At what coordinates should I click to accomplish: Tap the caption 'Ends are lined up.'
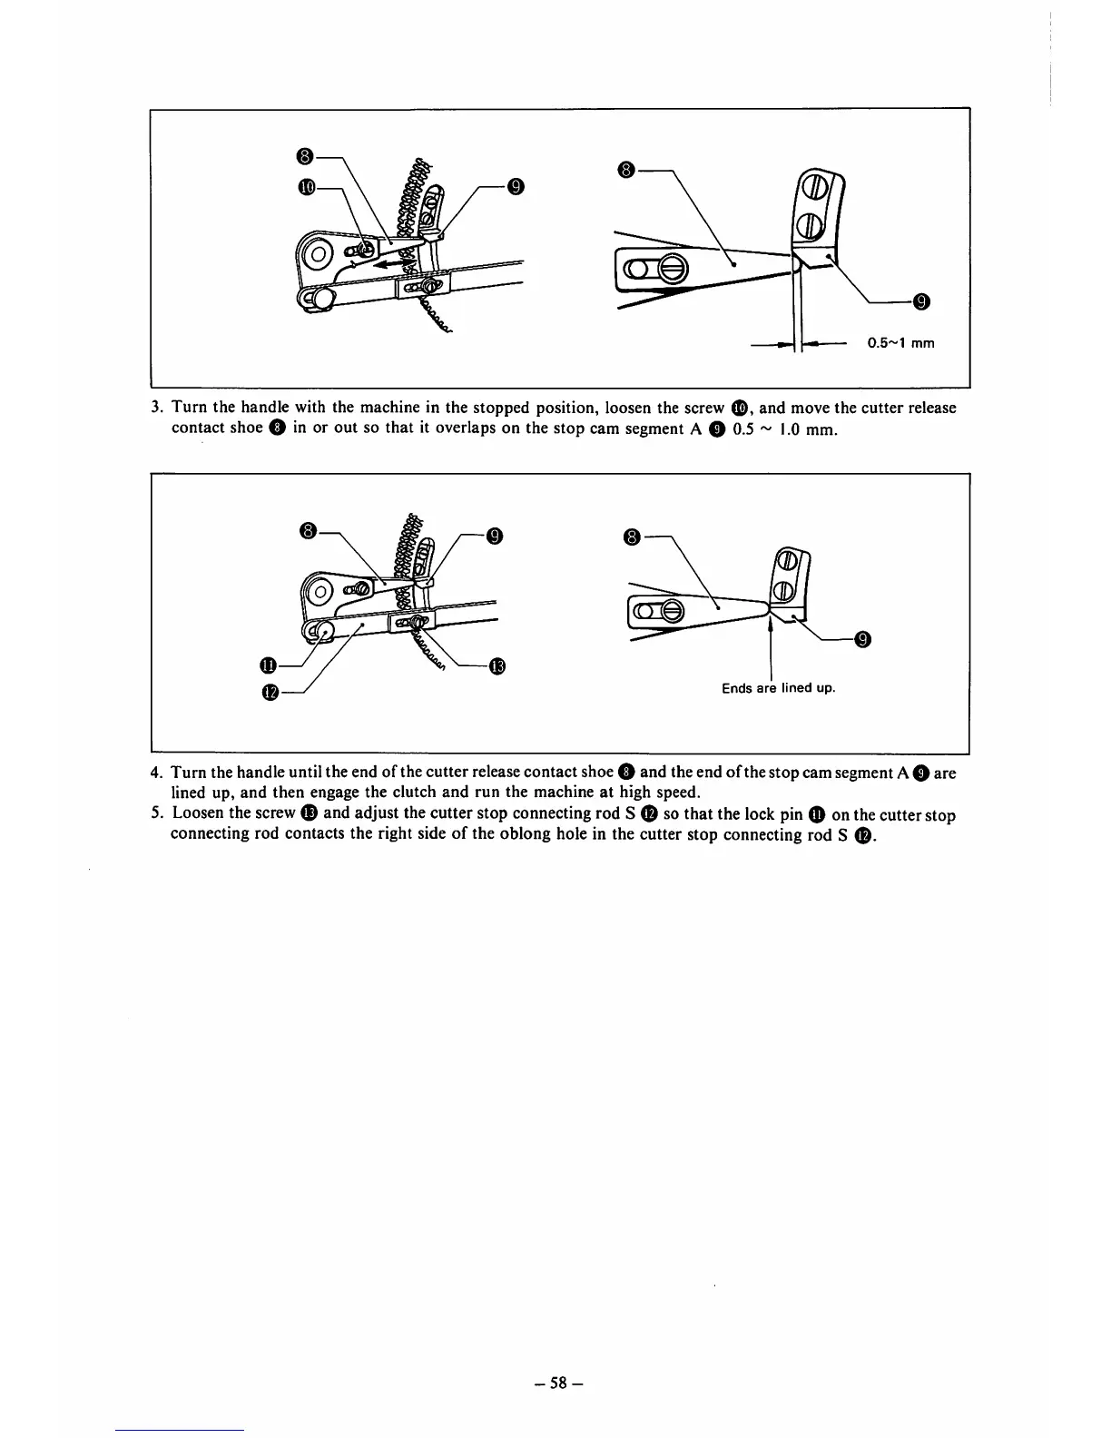click(x=778, y=687)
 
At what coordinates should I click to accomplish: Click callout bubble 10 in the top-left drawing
click(x=305, y=186)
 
